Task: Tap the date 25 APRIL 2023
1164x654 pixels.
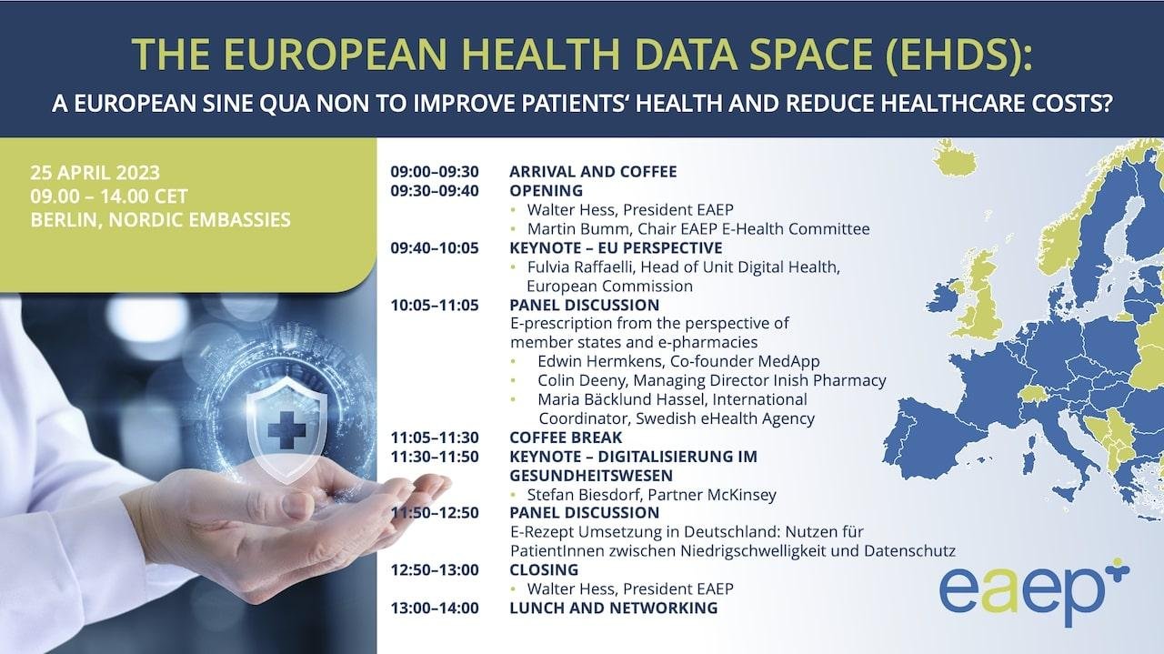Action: pyautogui.click(x=95, y=173)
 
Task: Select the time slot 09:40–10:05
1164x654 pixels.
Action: pyautogui.click(x=435, y=248)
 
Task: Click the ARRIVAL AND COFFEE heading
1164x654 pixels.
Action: pyautogui.click(x=593, y=172)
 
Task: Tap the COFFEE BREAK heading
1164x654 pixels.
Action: pyautogui.click(x=566, y=438)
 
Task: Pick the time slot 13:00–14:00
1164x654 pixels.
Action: pyautogui.click(x=435, y=608)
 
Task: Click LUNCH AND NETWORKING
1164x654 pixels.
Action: pyautogui.click(x=614, y=608)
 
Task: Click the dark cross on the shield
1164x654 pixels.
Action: pyautogui.click(x=286, y=430)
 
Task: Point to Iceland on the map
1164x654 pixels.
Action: pyautogui.click(x=955, y=158)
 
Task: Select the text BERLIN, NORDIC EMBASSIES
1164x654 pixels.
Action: pyautogui.click(x=161, y=220)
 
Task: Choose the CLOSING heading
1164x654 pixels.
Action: pyautogui.click(x=544, y=569)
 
